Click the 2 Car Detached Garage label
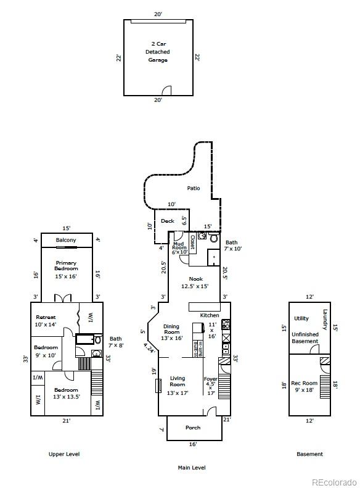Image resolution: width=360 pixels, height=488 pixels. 157,52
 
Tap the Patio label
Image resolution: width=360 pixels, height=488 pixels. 194,189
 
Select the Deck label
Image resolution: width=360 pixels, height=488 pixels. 167,221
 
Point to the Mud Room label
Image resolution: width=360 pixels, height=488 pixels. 179,248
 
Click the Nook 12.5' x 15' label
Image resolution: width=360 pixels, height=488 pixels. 195,283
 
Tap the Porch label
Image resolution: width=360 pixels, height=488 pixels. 193,428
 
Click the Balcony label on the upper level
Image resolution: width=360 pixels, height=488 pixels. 66,240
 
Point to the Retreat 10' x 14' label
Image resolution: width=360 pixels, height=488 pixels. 46,321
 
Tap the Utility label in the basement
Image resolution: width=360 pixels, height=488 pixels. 301,319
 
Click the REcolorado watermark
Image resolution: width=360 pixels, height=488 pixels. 333,482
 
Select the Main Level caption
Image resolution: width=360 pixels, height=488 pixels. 192,468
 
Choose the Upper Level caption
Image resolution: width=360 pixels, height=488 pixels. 64,454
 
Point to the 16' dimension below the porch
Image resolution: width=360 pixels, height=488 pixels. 193,444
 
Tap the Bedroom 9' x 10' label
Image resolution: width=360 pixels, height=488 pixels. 46,351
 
